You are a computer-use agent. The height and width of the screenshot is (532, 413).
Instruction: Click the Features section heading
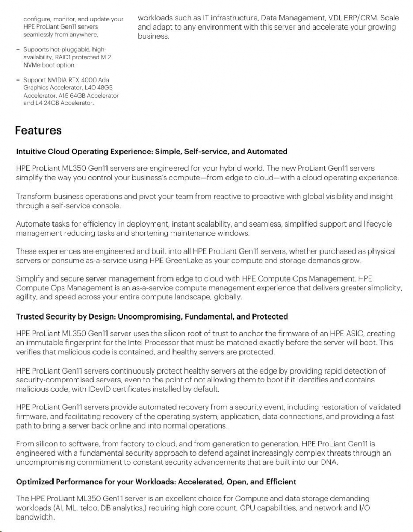38,130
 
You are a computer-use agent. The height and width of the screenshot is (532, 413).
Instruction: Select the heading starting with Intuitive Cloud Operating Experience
151,152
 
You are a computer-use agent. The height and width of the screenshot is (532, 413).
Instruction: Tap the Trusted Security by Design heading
152,316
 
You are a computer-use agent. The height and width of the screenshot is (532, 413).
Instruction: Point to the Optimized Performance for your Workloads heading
156,482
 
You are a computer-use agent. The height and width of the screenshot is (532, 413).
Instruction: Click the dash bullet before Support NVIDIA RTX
18,80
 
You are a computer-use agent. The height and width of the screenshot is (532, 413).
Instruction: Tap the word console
106,206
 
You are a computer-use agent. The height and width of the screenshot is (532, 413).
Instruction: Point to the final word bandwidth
35,517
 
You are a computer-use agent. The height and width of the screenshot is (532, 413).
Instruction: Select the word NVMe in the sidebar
33,65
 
